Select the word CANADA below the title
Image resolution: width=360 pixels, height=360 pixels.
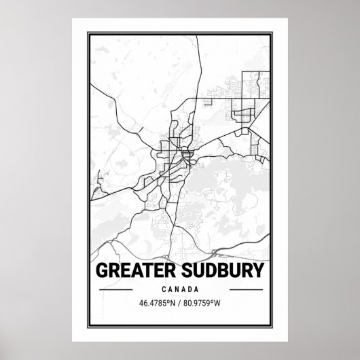tap(179, 289)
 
